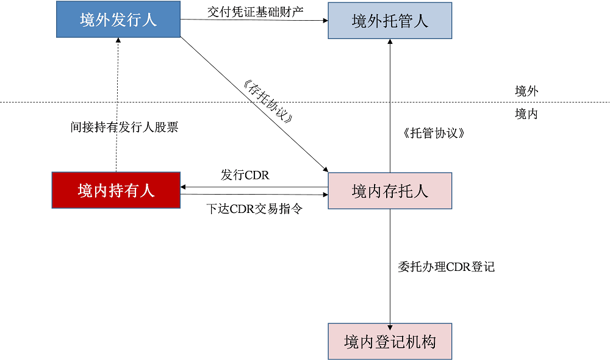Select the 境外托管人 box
[390, 21]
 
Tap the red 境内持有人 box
[116, 190]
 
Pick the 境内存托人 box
[390, 191]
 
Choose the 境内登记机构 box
[390, 341]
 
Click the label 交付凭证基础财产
[255, 10]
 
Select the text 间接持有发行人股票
[124, 127]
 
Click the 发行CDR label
[245, 175]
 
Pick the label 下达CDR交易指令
[254, 209]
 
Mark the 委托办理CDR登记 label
[446, 267]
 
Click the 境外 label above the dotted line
[526, 92]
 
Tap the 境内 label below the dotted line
[526, 113]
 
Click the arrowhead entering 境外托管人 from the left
[325, 20]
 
